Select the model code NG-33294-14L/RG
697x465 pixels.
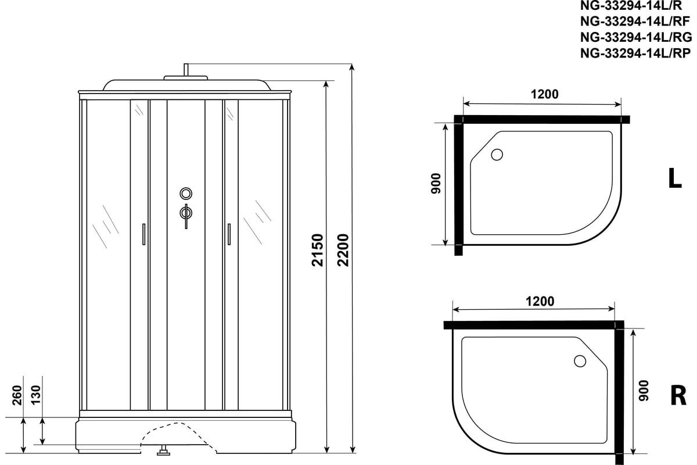(636, 37)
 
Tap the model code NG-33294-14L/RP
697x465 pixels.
(635, 53)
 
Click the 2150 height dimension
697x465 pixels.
(318, 250)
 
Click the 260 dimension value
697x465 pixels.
(17, 395)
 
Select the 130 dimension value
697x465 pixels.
(36, 395)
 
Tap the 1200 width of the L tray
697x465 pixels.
(545, 94)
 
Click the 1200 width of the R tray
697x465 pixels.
(540, 302)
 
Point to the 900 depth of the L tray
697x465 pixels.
(436, 184)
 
